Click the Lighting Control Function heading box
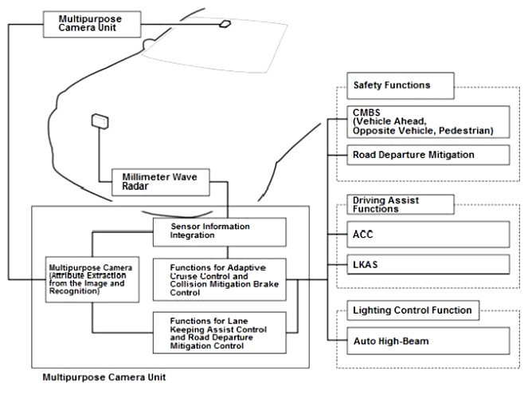point(413,310)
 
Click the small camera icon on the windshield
point(226,25)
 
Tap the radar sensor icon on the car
point(100,121)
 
